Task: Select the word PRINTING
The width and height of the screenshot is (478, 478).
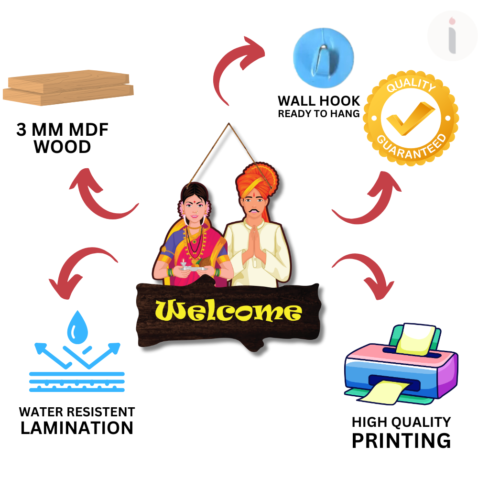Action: [x=401, y=440]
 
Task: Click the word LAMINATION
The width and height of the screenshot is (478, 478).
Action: [x=77, y=428]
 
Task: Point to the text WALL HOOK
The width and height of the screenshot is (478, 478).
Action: [x=319, y=101]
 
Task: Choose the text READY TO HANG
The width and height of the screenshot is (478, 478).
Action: [x=319, y=114]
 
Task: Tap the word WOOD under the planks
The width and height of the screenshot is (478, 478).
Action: [x=63, y=147]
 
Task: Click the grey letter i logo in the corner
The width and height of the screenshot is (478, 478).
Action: [x=452, y=36]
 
